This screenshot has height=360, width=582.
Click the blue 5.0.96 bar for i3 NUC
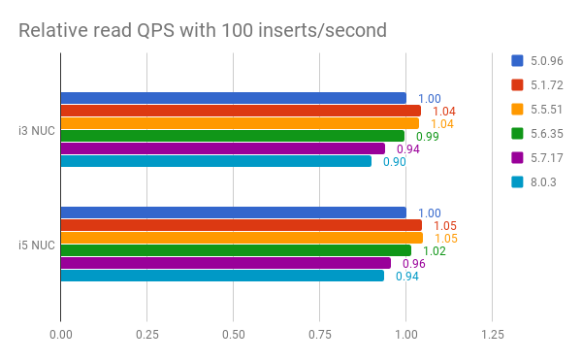click(x=233, y=98)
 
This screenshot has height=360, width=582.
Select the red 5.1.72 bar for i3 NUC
click(x=241, y=111)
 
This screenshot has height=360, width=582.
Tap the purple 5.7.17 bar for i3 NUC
click(x=223, y=148)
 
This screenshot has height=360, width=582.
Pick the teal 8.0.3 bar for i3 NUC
click(x=215, y=161)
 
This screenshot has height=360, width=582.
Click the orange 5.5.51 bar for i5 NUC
click(x=242, y=238)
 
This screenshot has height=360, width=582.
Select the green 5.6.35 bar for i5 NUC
click(x=236, y=250)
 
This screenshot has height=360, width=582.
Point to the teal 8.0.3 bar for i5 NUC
click(x=222, y=276)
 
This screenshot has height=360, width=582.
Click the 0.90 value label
click(x=394, y=162)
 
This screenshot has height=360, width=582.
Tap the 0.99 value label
click(x=428, y=137)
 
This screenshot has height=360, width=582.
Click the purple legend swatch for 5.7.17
click(x=518, y=157)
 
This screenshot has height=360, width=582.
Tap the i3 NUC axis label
click(x=36, y=130)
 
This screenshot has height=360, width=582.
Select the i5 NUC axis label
click(x=36, y=245)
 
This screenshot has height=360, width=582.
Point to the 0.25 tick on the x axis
click(x=146, y=334)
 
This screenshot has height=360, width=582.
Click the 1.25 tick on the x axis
click(x=492, y=334)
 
